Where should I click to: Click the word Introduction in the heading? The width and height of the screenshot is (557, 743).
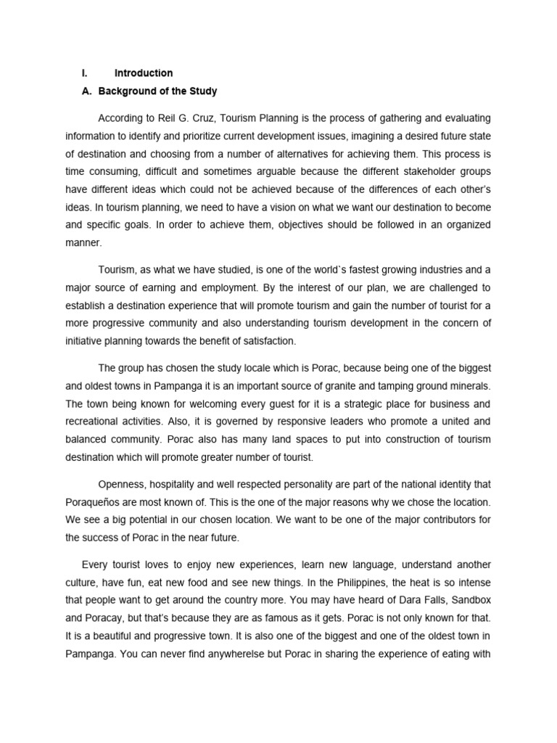[x=144, y=73]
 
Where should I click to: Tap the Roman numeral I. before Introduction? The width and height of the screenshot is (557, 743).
[x=84, y=73]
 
